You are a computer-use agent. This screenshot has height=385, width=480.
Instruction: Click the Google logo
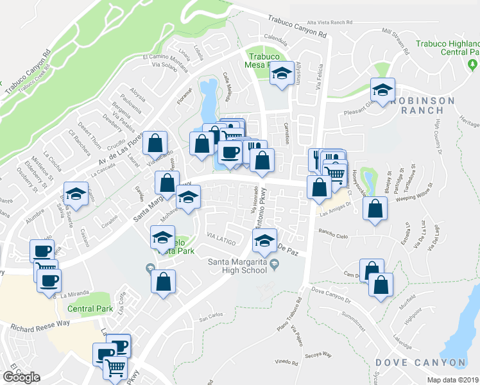tap(22, 378)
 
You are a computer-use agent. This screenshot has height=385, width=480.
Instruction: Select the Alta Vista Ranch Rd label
tap(330, 22)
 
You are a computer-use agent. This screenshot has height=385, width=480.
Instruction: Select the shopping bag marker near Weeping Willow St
tap(375, 209)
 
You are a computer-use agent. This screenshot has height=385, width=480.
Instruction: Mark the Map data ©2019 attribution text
tap(453, 380)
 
